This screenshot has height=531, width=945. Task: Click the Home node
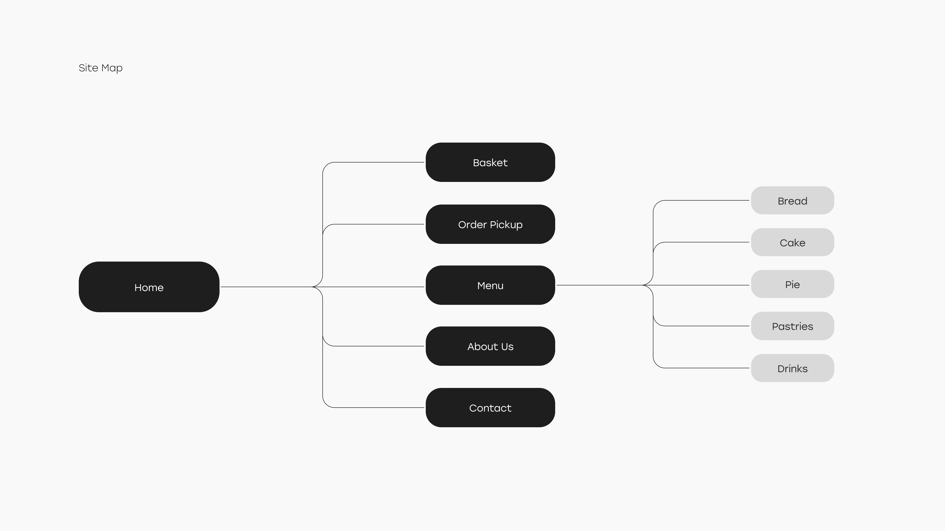(149, 287)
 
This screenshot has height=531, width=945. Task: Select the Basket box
(490, 162)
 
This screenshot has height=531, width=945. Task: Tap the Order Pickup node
(490, 224)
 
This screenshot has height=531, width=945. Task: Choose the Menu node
(490, 285)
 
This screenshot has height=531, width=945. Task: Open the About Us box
(490, 346)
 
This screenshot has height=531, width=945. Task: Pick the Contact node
(490, 408)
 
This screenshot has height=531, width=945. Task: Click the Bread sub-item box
(792, 200)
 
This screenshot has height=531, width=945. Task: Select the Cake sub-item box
(792, 242)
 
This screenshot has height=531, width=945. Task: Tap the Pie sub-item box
(792, 284)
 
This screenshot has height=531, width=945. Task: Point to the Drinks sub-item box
(792, 368)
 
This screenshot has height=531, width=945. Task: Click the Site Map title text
(100, 68)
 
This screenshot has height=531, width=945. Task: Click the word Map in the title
(112, 68)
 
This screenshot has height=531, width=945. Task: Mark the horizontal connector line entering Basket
(378, 162)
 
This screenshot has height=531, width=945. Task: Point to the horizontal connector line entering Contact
(378, 408)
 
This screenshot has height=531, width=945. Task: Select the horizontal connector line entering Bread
(706, 200)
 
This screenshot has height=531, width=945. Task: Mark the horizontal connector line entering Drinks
(706, 368)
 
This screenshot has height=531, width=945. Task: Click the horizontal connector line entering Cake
(706, 242)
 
